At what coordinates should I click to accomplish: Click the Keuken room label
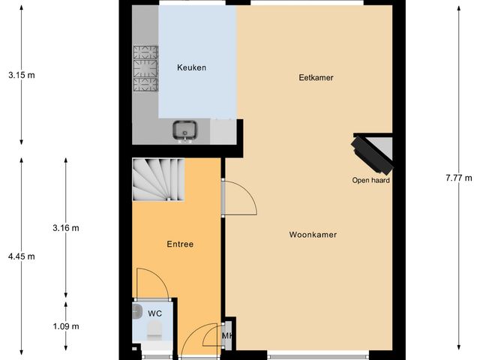191,68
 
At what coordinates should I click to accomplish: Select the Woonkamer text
313,235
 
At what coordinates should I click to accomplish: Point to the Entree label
180,244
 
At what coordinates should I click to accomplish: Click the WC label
154,313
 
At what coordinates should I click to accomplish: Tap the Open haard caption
371,180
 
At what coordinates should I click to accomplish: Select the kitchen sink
185,131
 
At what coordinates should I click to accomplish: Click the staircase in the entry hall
158,180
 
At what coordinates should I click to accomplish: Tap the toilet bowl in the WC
156,330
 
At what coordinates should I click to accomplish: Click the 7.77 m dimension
458,178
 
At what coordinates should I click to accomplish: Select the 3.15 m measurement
21,75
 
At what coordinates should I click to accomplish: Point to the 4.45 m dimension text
21,256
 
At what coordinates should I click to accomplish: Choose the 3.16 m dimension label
66,227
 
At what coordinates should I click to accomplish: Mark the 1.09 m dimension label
66,326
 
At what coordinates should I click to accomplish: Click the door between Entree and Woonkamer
240,196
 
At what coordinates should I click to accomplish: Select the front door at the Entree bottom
197,340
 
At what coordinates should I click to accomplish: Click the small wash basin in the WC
136,310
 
